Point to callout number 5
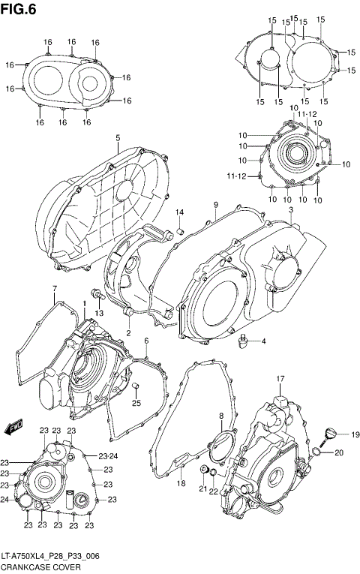coord(118,138)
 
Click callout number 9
coord(215,205)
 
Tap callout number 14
coord(180,212)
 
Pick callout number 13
coord(97,313)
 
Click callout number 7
coord(54,289)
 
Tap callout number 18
coord(181,484)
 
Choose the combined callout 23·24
coord(109,456)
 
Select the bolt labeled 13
coord(96,293)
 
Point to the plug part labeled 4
coord(241,342)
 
